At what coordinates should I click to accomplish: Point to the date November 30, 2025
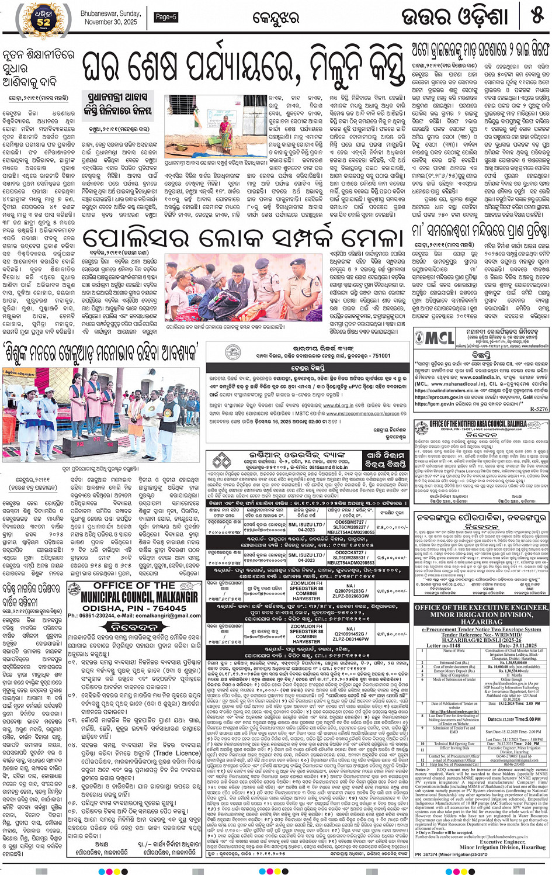pos(111,22)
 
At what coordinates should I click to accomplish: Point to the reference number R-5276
pos(539,409)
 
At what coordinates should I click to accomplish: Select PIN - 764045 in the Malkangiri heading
pos(149,608)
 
